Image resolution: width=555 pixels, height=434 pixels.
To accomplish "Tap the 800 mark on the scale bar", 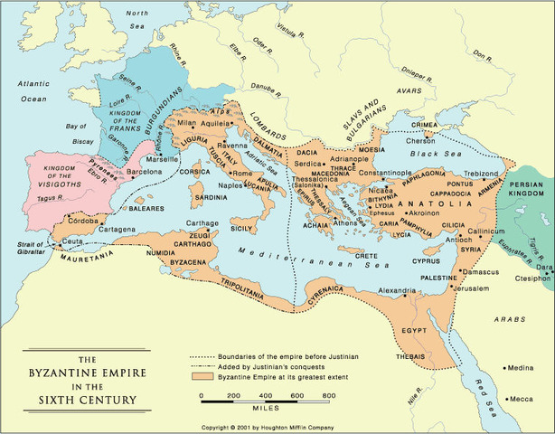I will (x=329, y=396).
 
